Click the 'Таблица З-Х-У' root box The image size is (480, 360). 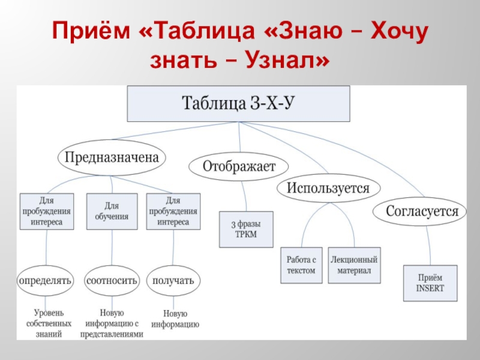[x=238, y=104]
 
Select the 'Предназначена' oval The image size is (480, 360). [x=112, y=158]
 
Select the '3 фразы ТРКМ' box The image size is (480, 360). [x=246, y=229]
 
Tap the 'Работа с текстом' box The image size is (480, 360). [x=301, y=265]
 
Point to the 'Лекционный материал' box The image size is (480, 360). [x=354, y=265]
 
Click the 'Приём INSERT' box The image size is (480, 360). [x=430, y=283]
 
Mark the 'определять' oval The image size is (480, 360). [x=46, y=280]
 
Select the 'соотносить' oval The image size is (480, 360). [x=112, y=280]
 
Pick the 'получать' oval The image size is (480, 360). [x=174, y=280]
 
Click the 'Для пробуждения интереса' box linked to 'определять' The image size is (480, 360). [x=47, y=212]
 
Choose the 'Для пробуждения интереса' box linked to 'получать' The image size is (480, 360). [x=173, y=212]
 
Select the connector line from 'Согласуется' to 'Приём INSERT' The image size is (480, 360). [x=428, y=243]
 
